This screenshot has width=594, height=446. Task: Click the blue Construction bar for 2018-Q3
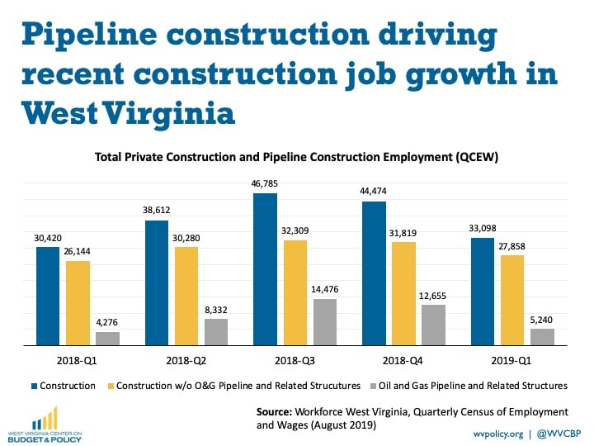tap(265, 268)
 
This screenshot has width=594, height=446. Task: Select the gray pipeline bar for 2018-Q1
tap(107, 338)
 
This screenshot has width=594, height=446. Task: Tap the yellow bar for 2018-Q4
tap(403, 292)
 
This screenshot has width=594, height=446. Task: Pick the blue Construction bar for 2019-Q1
tap(483, 291)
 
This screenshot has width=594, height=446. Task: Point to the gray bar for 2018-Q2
tap(216, 331)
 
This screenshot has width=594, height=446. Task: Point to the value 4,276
tap(108, 322)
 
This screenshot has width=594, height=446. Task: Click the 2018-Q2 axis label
tap(187, 360)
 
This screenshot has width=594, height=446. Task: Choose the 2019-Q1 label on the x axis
tap(511, 360)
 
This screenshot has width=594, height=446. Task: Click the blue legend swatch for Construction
tap(34, 386)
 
